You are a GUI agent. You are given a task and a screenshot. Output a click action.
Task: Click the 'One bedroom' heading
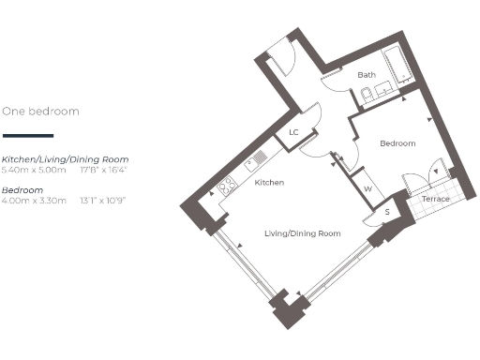(40, 111)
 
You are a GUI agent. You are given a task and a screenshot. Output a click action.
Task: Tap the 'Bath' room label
(367, 75)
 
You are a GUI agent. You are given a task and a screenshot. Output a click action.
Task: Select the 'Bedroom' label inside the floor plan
(397, 143)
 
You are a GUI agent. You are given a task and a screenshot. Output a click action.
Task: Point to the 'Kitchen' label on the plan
(269, 182)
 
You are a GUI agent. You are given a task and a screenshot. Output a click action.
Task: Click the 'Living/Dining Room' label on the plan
(301, 232)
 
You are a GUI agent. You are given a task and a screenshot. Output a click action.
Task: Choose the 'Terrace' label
(434, 200)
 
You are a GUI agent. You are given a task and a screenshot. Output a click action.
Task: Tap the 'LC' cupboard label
(293, 132)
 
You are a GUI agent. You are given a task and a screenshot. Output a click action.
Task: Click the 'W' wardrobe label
(367, 188)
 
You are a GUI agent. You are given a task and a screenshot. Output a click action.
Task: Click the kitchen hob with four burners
(227, 187)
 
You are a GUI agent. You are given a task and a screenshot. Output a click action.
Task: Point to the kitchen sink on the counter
(254, 162)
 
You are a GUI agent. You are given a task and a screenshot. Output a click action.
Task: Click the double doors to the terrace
(421, 176)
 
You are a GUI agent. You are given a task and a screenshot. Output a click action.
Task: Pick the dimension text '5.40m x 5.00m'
(35, 171)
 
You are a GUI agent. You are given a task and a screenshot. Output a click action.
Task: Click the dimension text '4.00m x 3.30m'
(35, 201)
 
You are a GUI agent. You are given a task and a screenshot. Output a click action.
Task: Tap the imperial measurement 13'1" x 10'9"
(103, 201)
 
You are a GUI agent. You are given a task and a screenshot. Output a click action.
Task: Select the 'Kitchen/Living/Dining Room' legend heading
(65, 160)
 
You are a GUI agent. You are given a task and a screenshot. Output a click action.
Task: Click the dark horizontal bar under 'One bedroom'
(28, 136)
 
